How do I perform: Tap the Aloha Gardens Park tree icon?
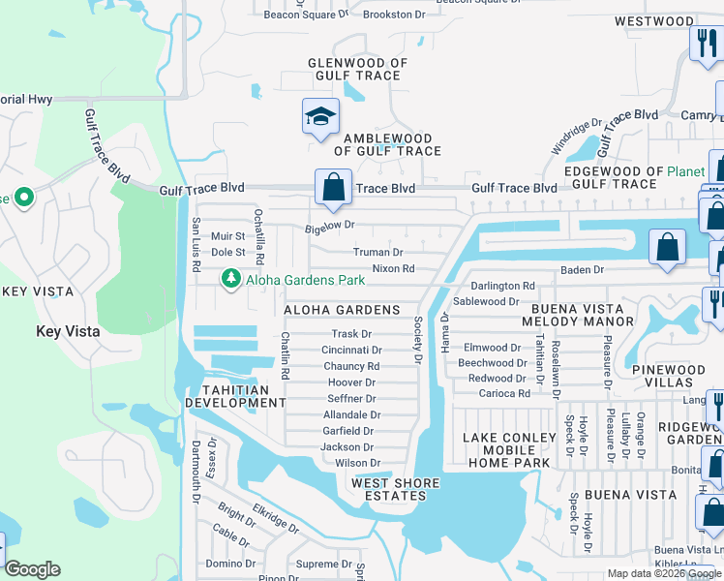230,280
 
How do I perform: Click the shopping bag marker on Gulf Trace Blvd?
333,187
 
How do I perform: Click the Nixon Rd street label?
393,268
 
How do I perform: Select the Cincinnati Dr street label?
351,350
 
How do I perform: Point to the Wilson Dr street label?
350,463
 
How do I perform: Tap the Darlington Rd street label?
502,286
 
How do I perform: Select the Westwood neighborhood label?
653,21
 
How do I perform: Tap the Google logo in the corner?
32,569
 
